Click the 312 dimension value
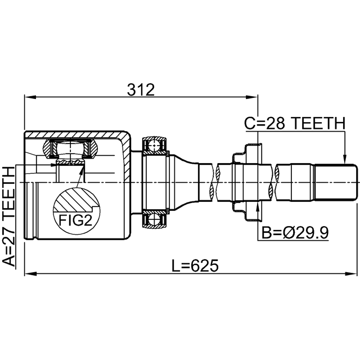[141, 90]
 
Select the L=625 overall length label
[195, 265]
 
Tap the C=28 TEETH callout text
[295, 123]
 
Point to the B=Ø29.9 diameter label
[295, 232]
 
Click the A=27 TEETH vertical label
[8, 217]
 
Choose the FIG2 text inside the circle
[75, 220]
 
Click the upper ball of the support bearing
[154, 145]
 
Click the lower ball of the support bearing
[154, 220]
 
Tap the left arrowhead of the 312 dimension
[30, 97]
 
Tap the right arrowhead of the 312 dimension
[252, 97]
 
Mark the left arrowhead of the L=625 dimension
[30, 274]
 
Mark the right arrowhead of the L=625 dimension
[352, 274]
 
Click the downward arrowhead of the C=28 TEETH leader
[345, 158]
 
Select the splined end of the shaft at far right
[335, 182]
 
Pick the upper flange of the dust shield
[247, 153]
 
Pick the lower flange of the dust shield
[247, 211]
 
